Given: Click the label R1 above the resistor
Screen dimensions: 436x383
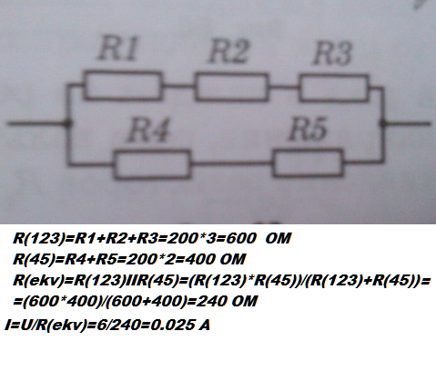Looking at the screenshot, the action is click(x=117, y=48).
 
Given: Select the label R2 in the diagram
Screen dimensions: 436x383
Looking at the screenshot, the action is click(x=229, y=51).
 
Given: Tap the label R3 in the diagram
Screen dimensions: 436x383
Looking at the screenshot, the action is click(x=332, y=53).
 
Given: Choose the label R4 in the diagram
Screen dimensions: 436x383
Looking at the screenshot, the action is click(x=148, y=130).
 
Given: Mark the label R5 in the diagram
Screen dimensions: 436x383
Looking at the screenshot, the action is click(x=308, y=129).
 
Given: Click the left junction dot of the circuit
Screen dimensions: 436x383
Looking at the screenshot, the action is click(x=69, y=123).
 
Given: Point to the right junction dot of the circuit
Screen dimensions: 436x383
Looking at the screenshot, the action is click(x=382, y=123).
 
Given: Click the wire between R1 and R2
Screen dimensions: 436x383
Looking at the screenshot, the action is click(x=178, y=86).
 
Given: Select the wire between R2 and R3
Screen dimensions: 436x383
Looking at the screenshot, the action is click(x=284, y=88).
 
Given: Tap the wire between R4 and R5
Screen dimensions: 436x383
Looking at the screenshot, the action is click(x=232, y=163).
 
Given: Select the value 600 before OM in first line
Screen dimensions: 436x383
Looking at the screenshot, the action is click(x=241, y=238).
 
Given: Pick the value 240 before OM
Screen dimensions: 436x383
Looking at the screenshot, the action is click(x=212, y=301).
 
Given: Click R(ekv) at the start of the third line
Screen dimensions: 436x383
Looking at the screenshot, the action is click(x=38, y=280).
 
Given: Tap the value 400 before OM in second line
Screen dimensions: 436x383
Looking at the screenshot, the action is click(x=199, y=259).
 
